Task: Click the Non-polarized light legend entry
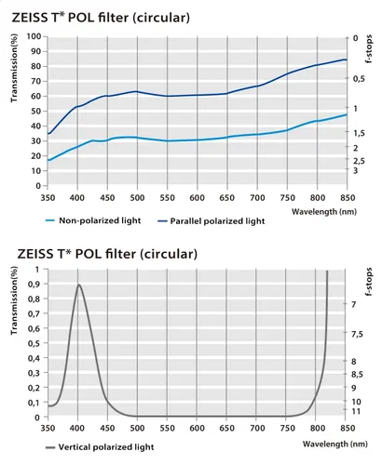point(93,220)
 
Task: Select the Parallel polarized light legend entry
point(211,221)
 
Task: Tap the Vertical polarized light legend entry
point(100,447)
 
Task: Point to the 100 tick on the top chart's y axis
point(34,36)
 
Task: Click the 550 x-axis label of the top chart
point(167,198)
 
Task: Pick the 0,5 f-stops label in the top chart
point(359,79)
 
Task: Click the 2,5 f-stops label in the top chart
point(359,161)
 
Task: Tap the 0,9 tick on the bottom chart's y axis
point(34,285)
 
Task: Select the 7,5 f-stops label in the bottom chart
point(357,334)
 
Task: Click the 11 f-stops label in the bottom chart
point(356,411)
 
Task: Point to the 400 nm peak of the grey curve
point(78,285)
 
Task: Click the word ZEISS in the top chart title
point(29,18)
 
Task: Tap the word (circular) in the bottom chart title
point(169,254)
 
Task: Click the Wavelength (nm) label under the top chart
point(324,212)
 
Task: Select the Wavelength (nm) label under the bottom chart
point(335,444)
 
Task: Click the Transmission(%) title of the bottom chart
point(14,300)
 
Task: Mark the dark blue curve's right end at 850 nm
point(347,60)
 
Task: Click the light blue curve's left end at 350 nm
point(48,160)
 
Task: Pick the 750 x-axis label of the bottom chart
point(287,429)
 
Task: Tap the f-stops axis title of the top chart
point(369,49)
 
